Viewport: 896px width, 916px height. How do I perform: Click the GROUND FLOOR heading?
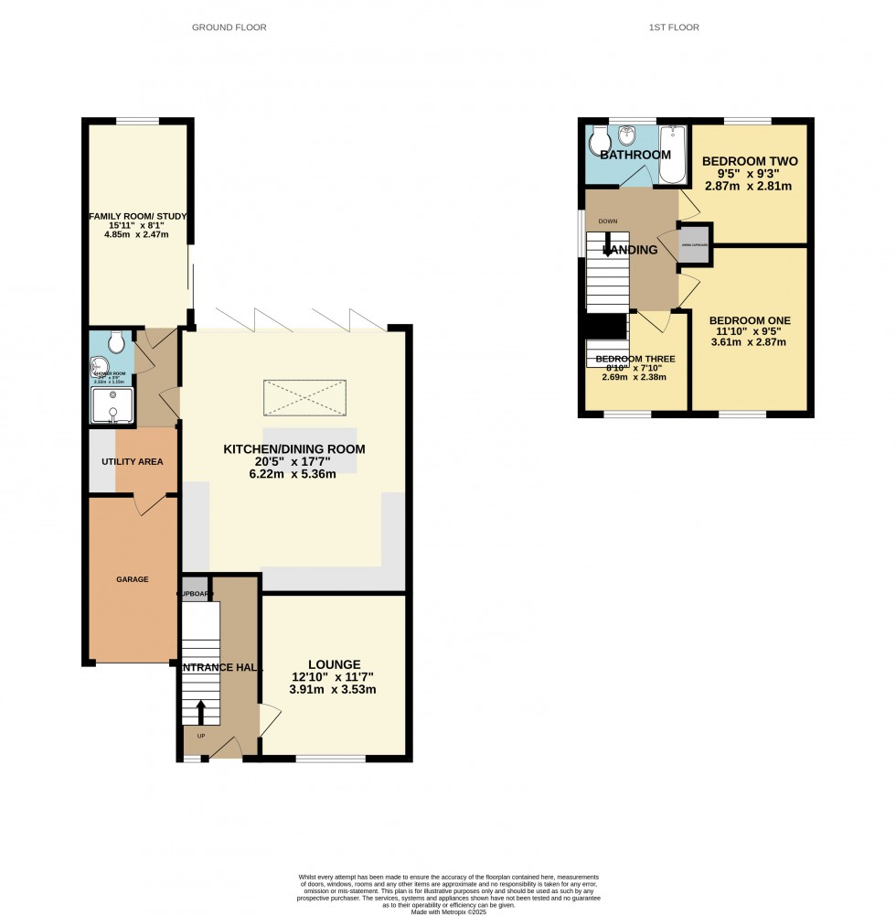229,27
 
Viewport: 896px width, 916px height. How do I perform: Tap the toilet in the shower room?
116,342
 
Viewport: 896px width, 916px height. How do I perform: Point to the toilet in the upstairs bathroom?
599,140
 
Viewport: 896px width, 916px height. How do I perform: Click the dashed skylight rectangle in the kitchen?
305,397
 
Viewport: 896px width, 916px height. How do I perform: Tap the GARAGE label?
132,579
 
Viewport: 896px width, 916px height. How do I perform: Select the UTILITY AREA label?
132,461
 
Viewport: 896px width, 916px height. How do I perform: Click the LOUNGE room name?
333,664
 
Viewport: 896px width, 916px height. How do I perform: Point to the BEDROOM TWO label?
750,161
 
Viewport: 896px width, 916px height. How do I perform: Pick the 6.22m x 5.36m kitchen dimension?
294,474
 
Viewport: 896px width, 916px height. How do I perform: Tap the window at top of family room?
138,121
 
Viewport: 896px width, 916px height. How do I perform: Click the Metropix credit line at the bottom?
448,910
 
